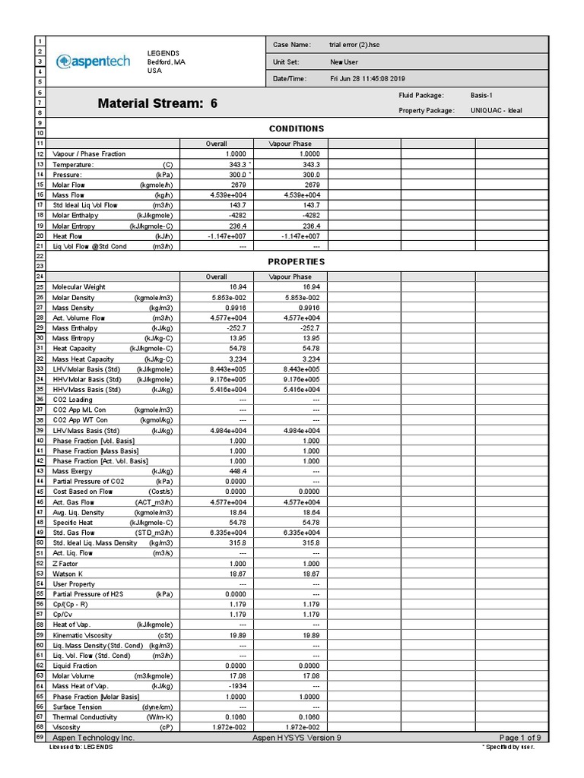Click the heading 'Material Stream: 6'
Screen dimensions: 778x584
point(157,104)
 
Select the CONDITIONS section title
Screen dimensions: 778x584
point(296,128)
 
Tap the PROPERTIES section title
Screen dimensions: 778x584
point(296,261)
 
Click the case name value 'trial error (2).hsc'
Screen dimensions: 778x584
point(354,45)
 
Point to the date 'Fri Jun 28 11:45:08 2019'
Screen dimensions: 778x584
point(367,78)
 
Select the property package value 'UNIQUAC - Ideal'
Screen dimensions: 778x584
point(496,111)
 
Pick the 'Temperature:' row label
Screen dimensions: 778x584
point(73,164)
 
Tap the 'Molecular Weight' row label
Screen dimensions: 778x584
point(78,287)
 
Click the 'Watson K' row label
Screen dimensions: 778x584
point(68,574)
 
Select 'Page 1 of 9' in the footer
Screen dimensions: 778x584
point(519,738)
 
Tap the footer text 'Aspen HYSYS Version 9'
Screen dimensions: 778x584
point(296,738)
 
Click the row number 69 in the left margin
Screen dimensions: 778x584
point(40,738)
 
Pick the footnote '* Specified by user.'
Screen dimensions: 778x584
point(508,748)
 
